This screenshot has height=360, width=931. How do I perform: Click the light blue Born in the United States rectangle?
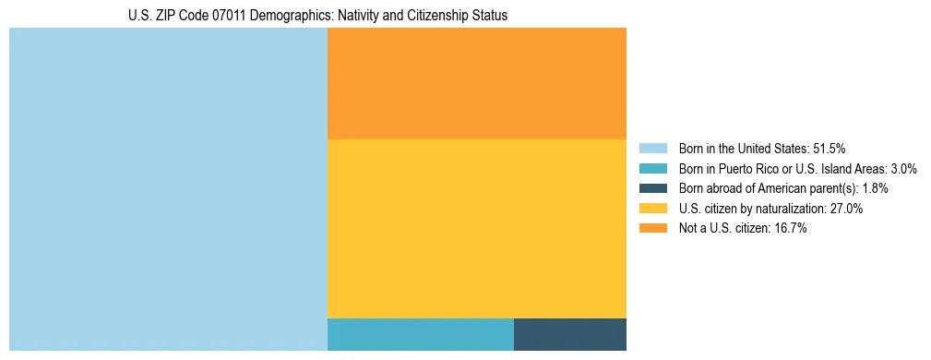coord(168,189)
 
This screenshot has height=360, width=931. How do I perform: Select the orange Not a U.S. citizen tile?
coord(476,83)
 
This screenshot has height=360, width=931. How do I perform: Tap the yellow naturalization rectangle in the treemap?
coord(476,228)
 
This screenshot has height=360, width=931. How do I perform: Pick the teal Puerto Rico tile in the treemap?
coord(420,334)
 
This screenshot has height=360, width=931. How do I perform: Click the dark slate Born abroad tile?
coord(569,334)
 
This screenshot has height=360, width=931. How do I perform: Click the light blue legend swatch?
coord(653,148)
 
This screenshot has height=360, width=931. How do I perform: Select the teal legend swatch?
coord(653,168)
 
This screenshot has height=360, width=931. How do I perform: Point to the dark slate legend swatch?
coord(653,188)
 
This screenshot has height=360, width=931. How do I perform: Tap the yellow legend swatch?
coord(653,209)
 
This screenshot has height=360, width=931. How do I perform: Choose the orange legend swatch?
coord(653,229)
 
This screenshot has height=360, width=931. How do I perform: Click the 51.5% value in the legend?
coord(829,148)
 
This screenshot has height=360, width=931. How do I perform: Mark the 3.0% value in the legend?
coord(901,168)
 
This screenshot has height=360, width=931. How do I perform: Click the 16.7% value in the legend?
coord(790,229)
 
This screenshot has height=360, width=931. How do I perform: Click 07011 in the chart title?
coord(227,16)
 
